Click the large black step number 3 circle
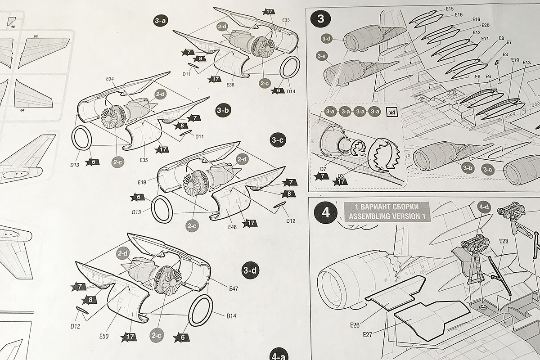click(x=320, y=19)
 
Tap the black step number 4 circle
click(x=326, y=212)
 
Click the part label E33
click(x=285, y=20)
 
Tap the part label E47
click(x=233, y=288)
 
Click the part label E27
click(x=369, y=334)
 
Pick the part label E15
click(x=450, y=9)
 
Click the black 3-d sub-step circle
click(x=250, y=270)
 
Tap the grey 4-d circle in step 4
click(x=484, y=208)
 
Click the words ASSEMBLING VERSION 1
click(x=387, y=216)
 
